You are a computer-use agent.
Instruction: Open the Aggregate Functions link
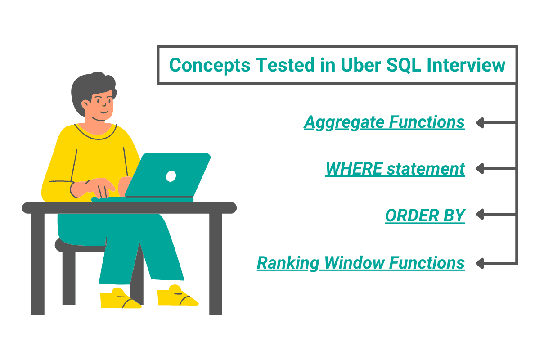coord(384,122)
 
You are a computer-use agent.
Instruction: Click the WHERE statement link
coord(395,169)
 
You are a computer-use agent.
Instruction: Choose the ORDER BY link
coord(425,216)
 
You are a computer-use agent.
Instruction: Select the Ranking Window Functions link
coord(360,263)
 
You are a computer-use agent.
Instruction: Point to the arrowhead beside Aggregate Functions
coord(480,122)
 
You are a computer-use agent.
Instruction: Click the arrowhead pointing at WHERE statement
coord(480,169)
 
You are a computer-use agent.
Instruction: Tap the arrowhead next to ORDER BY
coord(480,215)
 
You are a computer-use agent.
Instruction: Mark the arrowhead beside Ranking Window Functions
coord(480,262)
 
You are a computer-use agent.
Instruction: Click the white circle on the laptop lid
coord(171,176)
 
